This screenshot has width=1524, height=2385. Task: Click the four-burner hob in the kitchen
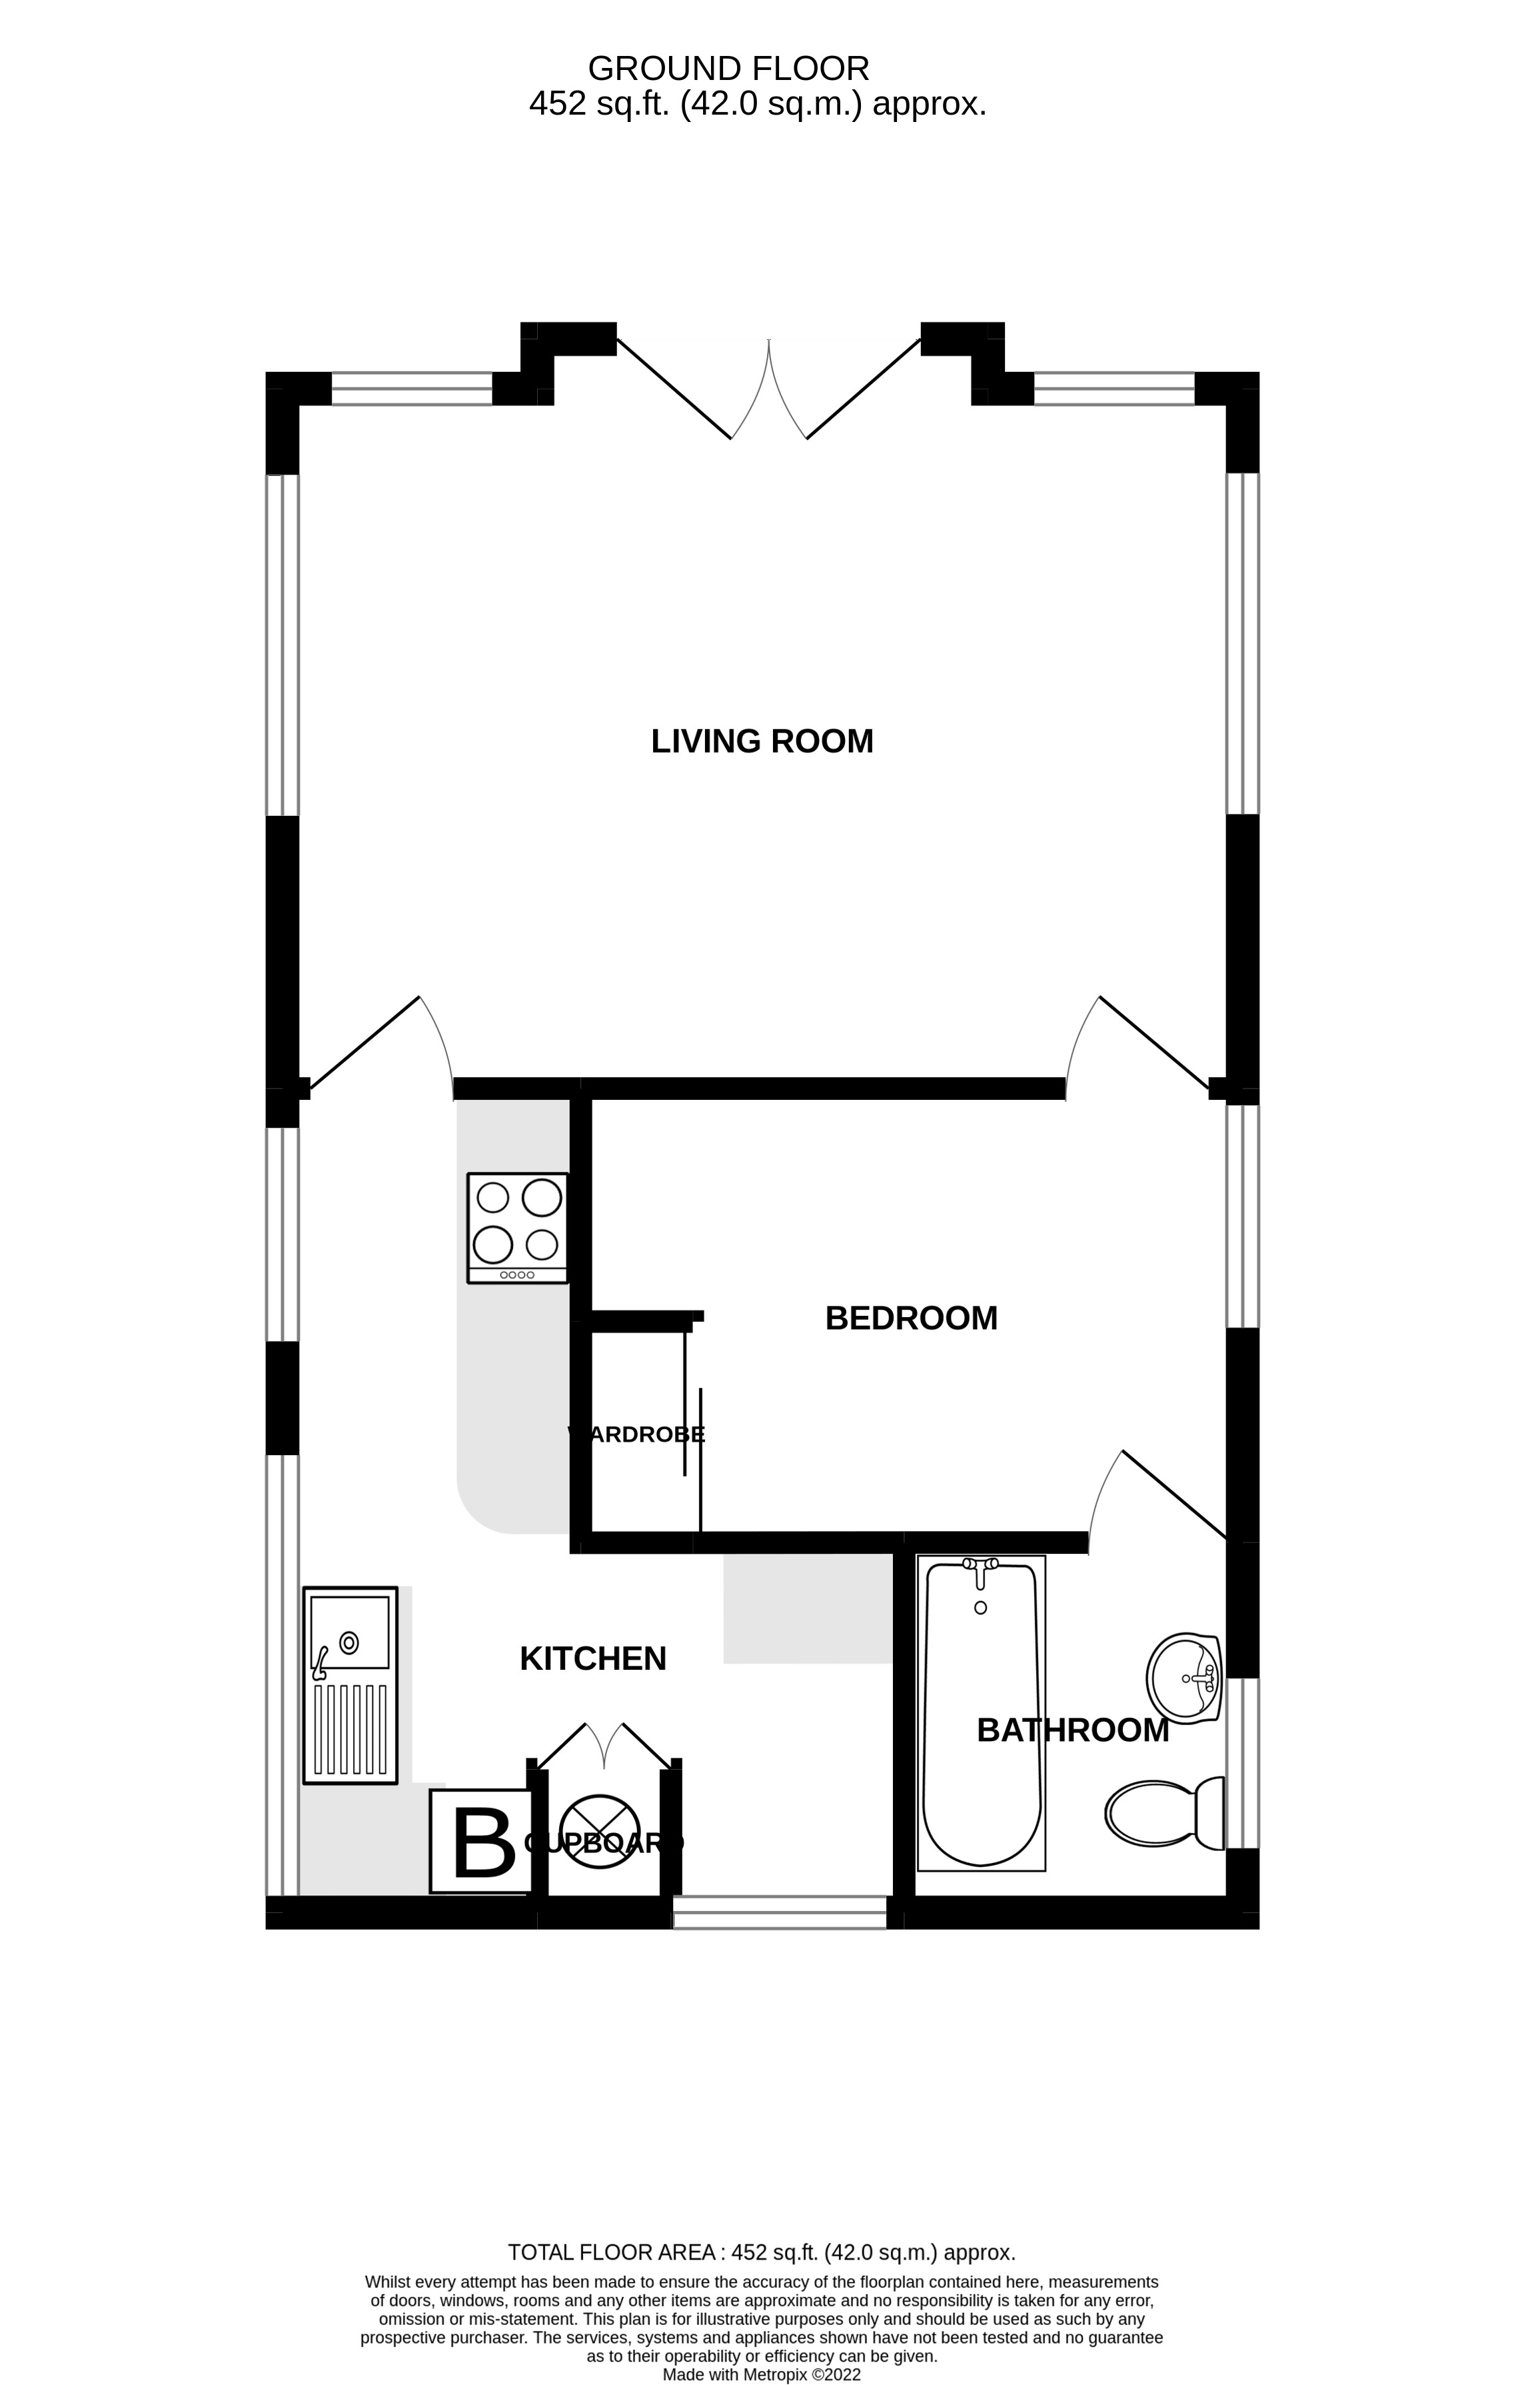518,1228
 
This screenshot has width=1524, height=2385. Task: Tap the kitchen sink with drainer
351,1684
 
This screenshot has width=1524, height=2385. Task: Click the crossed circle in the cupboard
599,1831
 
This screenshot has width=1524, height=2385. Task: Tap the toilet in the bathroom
1163,1814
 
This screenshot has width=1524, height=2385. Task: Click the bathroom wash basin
1183,1678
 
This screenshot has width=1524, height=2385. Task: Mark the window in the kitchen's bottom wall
780,1912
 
